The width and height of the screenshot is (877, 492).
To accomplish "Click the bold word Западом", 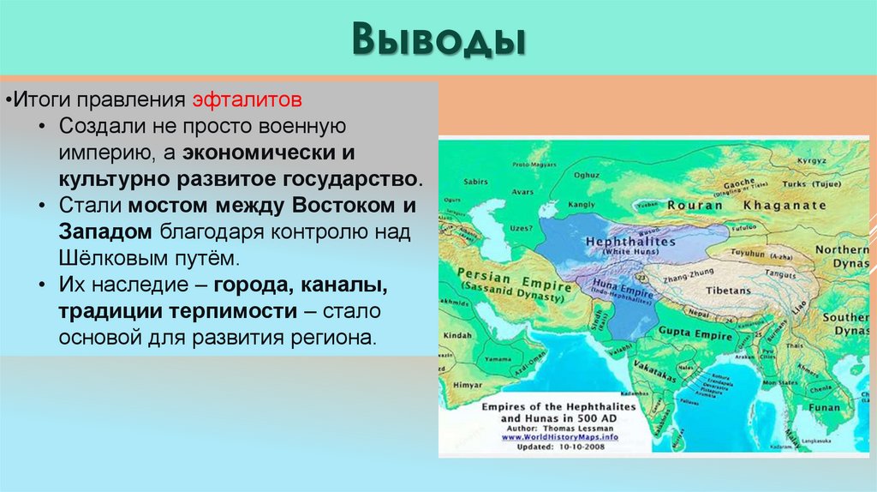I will [105, 231].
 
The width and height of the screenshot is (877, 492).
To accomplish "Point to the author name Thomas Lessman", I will [582, 427].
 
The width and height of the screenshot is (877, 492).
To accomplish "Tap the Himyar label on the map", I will [468, 387].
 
